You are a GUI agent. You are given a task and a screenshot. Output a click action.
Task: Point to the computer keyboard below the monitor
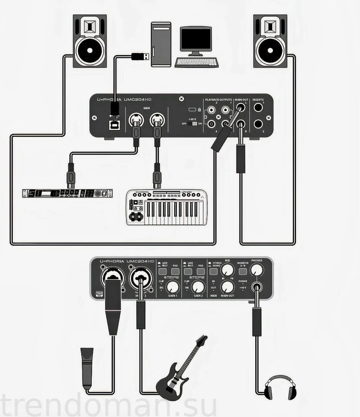pos(197,62)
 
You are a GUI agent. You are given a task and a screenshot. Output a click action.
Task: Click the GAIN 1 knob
pos(173,287)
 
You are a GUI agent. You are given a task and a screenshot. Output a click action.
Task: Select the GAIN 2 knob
pos(199,287)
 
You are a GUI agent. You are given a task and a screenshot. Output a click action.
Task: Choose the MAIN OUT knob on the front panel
pos(228,287)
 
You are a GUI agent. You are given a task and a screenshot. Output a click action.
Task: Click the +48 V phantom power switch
pos(195,123)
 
